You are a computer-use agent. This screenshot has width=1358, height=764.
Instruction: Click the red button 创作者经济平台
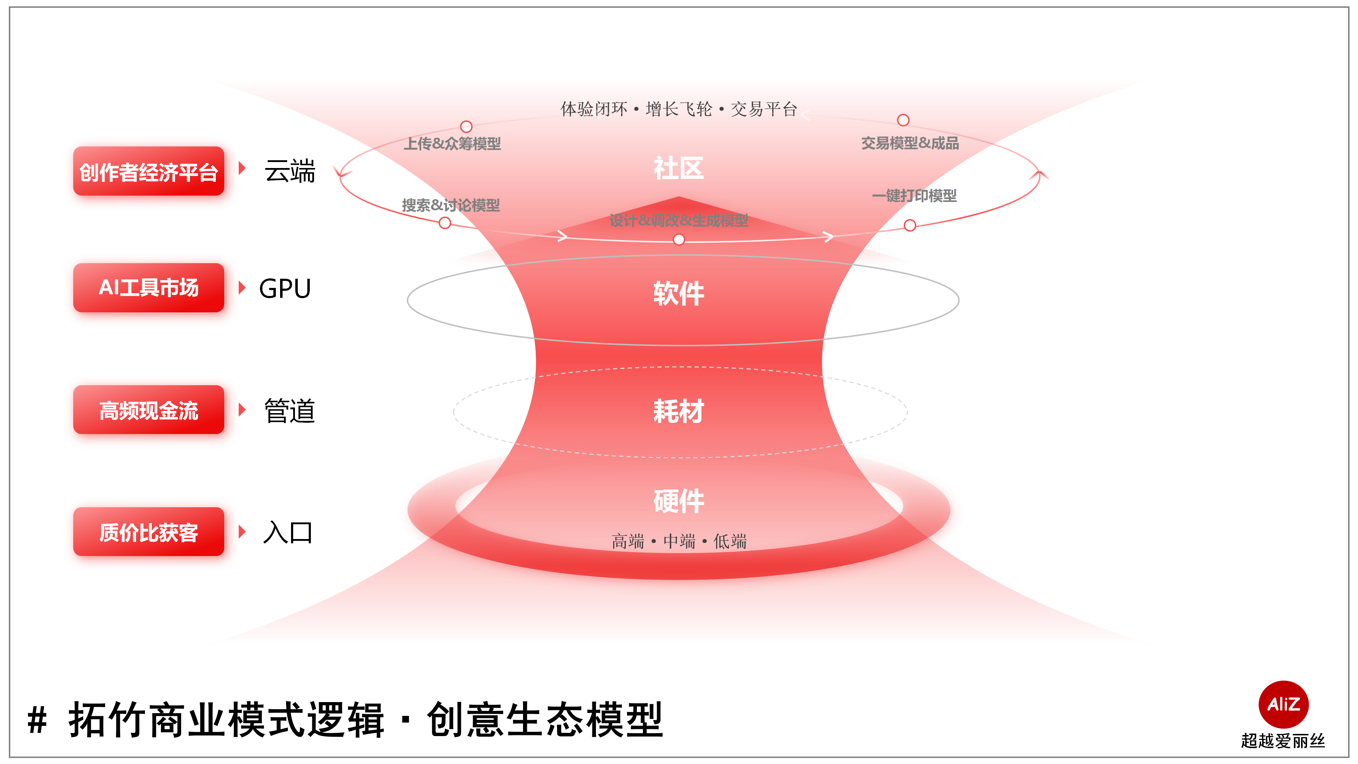(149, 171)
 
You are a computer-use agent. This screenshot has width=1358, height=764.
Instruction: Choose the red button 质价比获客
(149, 532)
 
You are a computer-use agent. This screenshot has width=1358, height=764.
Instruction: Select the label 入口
(288, 533)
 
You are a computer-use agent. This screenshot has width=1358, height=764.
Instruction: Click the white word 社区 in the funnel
(679, 169)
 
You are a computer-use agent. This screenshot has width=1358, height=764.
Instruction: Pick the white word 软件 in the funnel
(679, 294)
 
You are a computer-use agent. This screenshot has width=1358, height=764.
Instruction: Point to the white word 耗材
(679, 411)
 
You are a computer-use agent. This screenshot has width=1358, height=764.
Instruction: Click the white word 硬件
(679, 501)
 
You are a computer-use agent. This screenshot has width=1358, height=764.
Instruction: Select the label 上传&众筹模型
(452, 143)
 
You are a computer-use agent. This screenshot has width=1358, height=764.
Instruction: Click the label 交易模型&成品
(910, 143)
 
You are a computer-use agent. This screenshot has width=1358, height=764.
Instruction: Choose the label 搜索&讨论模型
(451, 205)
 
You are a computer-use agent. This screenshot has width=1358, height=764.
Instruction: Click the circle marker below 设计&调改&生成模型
(679, 240)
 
